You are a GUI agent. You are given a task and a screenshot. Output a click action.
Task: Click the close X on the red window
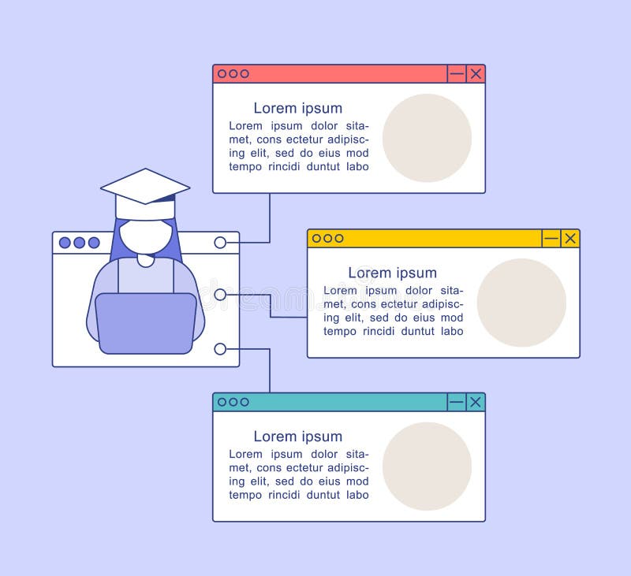[476, 74]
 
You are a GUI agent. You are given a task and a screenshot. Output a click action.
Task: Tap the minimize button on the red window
[457, 74]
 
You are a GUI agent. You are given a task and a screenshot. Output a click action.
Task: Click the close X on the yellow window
[570, 239]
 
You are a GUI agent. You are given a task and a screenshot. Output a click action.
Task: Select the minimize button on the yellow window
[551, 239]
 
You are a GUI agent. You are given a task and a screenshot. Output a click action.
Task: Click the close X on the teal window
[476, 403]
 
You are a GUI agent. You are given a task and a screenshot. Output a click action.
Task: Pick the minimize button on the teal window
[457, 403]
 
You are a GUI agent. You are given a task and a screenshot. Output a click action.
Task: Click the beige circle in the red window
[427, 138]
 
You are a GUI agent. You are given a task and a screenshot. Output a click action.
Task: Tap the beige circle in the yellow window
[521, 303]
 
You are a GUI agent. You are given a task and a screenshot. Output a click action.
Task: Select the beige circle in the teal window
[427, 466]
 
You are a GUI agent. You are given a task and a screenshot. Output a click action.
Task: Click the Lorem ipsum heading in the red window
[297, 109]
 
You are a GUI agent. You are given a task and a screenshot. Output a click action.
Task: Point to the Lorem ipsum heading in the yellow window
[392, 273]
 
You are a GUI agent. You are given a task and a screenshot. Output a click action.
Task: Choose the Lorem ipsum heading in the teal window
[297, 437]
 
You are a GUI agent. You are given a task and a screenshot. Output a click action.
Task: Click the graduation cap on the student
[145, 193]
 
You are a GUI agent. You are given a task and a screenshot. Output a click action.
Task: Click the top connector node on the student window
[220, 243]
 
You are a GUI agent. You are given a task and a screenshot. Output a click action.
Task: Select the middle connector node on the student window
[220, 295]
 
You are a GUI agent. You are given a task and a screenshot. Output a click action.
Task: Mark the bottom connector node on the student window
[220, 349]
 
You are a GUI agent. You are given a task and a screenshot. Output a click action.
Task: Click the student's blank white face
[145, 236]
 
